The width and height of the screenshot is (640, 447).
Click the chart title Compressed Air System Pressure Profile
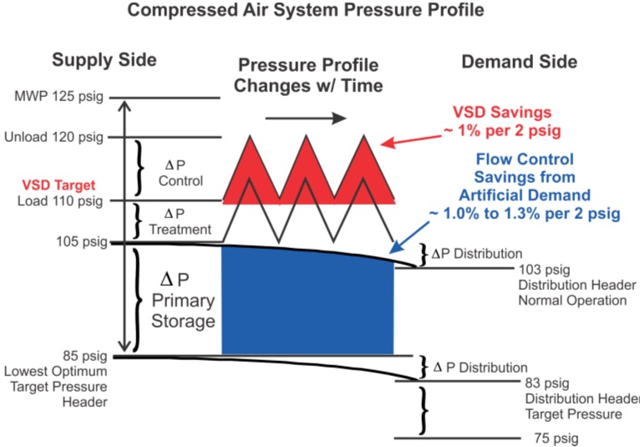point(305,12)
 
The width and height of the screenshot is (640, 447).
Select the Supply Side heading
point(104,60)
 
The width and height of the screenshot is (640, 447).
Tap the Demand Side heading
point(519,62)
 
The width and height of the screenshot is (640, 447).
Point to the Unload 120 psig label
point(56,137)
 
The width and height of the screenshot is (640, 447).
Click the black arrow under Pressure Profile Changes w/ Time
point(305,118)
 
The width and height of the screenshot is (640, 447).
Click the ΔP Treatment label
point(181,221)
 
